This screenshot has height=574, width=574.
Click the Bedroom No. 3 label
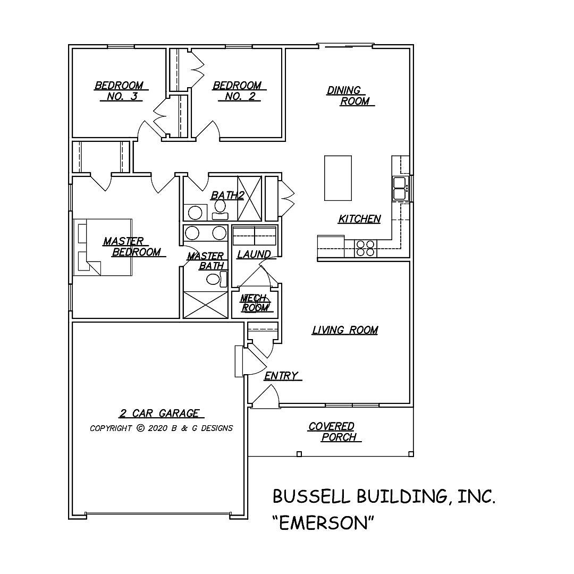pos(119,91)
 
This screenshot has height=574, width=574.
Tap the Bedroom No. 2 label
pos(237,91)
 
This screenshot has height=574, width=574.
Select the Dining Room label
pos(350,96)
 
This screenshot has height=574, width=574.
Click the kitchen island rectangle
pos(338,178)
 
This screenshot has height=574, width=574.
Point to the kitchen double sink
pos(400,188)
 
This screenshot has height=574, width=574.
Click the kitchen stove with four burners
pos(365,249)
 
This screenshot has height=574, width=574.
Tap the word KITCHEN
pos(360,218)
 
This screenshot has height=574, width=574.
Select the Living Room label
pos(345,330)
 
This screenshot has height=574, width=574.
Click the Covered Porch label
pos(334,432)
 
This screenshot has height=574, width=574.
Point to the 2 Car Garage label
pos(159,413)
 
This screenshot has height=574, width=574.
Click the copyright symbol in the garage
pos(140,428)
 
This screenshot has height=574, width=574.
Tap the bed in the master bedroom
pos(102,247)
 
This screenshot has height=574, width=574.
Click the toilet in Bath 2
pos(220,209)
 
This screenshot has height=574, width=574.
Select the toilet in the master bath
pos(214,279)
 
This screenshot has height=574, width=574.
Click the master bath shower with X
pos(205,305)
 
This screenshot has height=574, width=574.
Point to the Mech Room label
pos(255,303)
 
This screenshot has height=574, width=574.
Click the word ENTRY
pos(281,376)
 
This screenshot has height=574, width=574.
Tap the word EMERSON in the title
pos(324,522)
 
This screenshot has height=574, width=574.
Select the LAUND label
pos(254,255)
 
